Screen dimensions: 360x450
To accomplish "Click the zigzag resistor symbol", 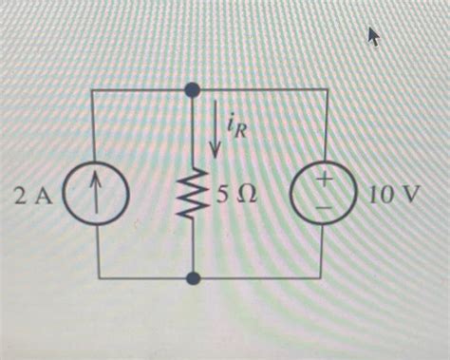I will pyautogui.click(x=193, y=198).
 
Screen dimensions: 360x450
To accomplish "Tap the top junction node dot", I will pyautogui.click(x=193, y=89).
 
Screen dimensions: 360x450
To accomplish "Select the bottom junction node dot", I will pyautogui.click(x=193, y=279).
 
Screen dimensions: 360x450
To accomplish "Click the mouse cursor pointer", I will pyautogui.click(x=373, y=36).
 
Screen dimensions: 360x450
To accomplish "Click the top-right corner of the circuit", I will pyautogui.click(x=328, y=89).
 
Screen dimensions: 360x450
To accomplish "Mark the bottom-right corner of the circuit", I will pyautogui.click(x=328, y=279).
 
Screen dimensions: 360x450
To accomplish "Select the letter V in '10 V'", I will pyautogui.click(x=408, y=197).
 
